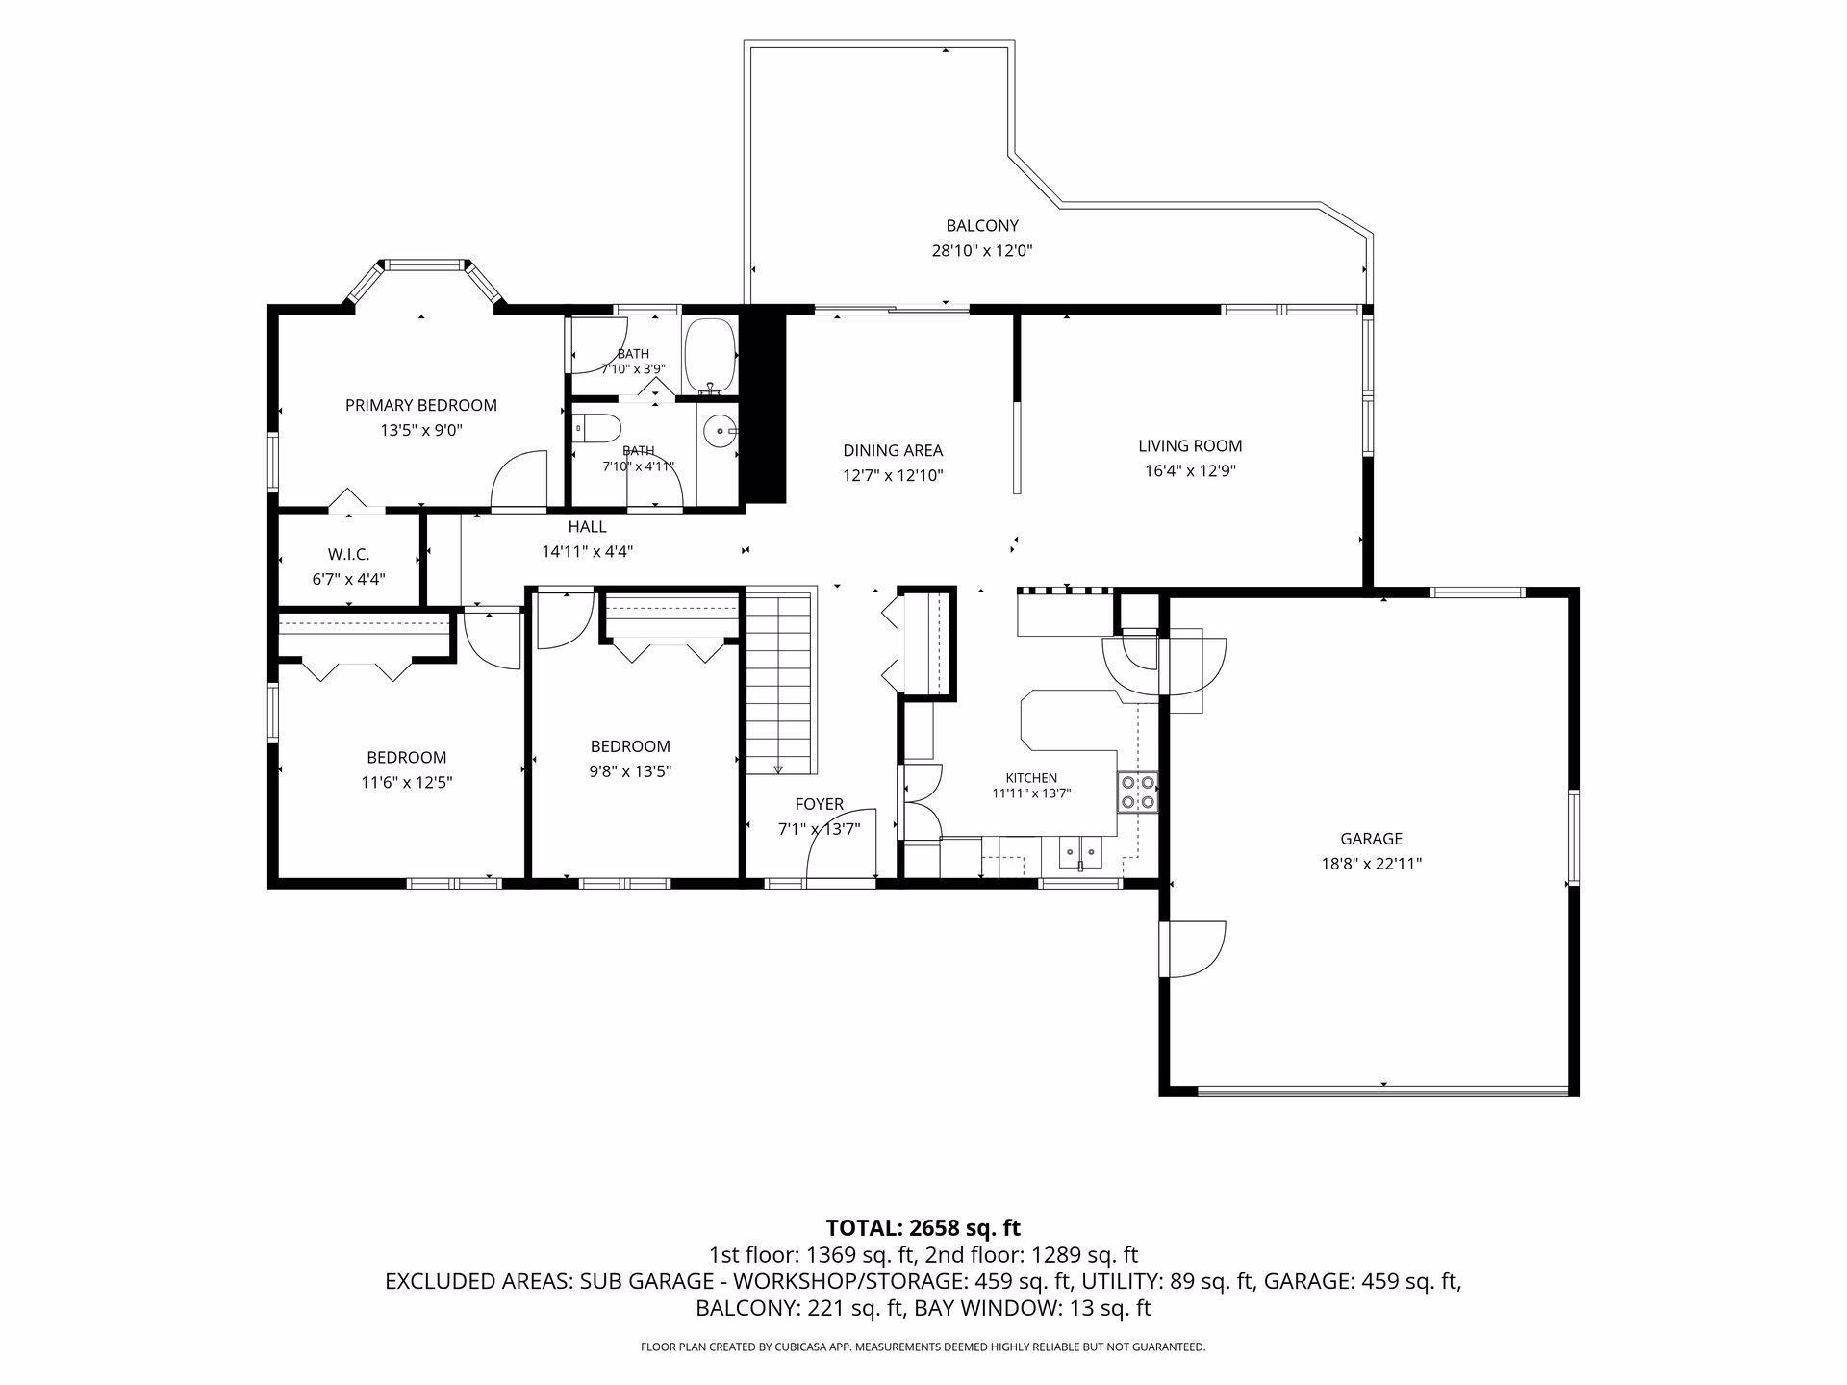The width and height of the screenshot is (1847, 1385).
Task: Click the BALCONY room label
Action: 981,226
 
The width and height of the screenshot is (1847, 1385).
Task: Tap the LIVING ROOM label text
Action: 1190,446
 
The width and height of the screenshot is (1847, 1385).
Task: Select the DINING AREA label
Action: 893,450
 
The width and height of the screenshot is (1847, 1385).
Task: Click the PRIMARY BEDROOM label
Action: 421,405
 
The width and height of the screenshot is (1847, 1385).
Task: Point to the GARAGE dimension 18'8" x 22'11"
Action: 1371,864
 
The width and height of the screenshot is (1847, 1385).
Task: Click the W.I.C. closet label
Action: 348,555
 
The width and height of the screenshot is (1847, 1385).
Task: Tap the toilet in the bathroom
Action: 593,429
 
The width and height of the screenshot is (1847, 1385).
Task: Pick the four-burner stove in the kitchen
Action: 1138,792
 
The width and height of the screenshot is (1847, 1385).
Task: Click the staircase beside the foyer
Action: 780,683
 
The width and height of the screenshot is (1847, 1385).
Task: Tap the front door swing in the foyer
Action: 840,843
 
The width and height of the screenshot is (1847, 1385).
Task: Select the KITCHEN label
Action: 1031,778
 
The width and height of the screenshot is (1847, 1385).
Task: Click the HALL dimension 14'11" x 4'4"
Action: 587,552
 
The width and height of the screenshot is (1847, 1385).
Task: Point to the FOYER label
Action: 819,804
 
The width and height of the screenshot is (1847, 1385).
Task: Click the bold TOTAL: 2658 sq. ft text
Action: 923,1227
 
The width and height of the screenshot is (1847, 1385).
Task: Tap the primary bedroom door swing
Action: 519,478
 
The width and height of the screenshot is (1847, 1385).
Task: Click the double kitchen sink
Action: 1082,851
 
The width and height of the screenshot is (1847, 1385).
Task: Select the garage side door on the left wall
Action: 1196,949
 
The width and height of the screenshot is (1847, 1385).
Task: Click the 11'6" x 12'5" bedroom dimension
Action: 407,783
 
